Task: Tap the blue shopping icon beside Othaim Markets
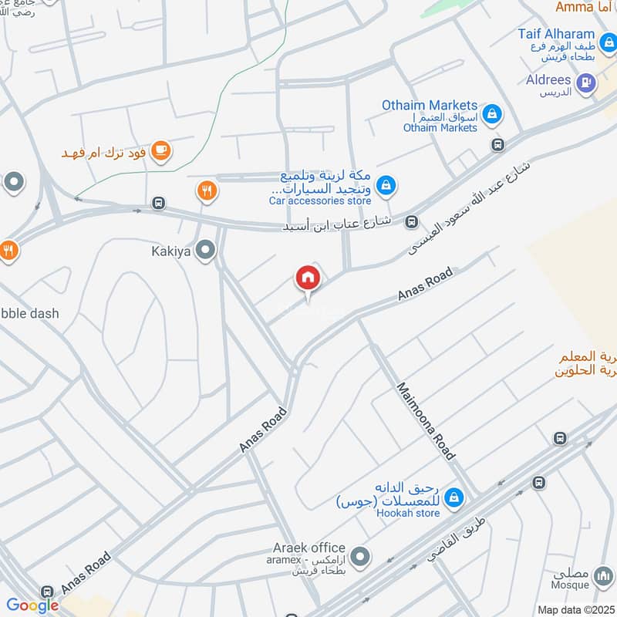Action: (492, 116)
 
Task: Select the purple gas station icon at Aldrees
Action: (586, 82)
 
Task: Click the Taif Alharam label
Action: (557, 34)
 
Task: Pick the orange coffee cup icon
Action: (160, 150)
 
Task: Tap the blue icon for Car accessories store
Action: (387, 184)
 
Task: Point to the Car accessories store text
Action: (320, 201)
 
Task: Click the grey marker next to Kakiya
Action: (205, 250)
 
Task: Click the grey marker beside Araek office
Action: (359, 555)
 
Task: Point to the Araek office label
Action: (308, 548)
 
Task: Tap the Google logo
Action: (32, 605)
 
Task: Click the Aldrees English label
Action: (548, 80)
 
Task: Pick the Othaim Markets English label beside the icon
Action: (430, 105)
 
